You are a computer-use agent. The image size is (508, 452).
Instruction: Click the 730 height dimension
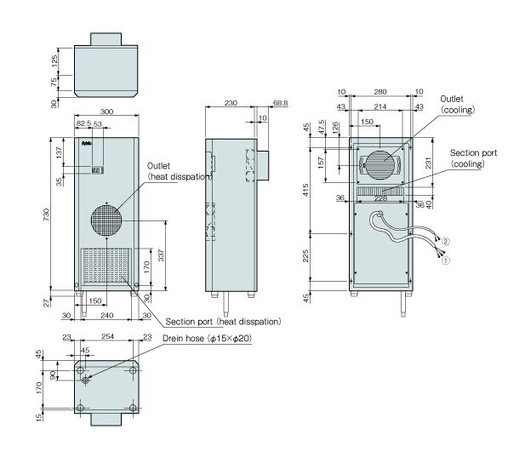tap(46, 215)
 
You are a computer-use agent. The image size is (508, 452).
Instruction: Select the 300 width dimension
tap(106, 112)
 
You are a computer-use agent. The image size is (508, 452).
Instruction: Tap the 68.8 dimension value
tap(280, 103)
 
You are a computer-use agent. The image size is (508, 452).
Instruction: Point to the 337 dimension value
tap(161, 255)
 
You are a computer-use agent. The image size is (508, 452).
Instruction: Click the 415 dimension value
tap(305, 190)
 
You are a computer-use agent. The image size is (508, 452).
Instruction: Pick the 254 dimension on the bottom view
tap(107, 336)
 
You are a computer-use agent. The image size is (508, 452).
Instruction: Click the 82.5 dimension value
tap(84, 123)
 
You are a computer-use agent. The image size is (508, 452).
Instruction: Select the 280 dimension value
tap(380, 92)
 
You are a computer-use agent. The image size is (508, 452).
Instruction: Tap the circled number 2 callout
tap(446, 242)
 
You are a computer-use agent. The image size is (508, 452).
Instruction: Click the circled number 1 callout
tap(446, 260)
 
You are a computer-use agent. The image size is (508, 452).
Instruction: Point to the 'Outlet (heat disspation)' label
tap(180, 171)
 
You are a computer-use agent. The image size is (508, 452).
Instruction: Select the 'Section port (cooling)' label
tap(473, 158)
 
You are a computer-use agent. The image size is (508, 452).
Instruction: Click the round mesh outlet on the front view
tap(106, 220)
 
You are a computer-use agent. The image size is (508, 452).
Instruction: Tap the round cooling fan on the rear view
tap(380, 165)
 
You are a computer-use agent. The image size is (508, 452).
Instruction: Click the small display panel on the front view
tap(98, 170)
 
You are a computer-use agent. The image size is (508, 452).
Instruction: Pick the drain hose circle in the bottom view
tap(86, 380)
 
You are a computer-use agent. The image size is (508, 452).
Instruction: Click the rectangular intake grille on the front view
tap(106, 266)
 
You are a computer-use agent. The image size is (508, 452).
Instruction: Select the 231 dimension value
tap(428, 163)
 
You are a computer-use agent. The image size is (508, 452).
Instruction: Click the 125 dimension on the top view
tap(54, 61)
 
